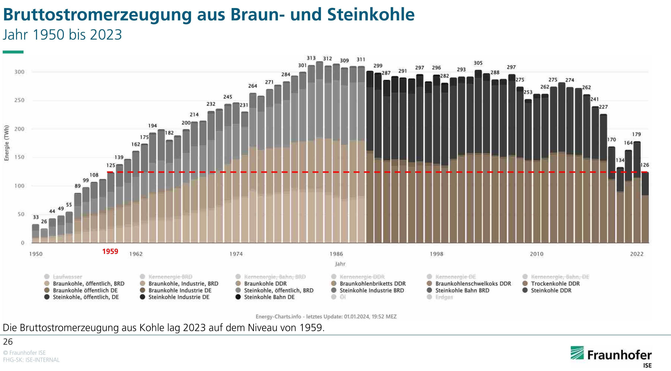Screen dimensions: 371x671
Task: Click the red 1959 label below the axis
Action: (x=110, y=251)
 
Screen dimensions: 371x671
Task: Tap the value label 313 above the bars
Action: (x=311, y=58)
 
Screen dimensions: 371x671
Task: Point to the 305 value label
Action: (x=478, y=63)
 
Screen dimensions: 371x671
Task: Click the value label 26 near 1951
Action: (x=44, y=222)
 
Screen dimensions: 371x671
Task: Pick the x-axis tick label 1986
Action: (x=336, y=254)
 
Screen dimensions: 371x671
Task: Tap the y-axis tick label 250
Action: (x=19, y=100)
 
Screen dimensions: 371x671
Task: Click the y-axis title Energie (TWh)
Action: (x=7, y=143)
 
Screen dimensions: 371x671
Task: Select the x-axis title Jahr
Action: (x=340, y=264)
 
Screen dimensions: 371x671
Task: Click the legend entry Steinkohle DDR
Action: (x=551, y=290)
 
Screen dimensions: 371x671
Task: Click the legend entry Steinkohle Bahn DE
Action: (x=269, y=297)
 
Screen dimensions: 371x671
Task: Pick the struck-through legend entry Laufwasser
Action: (x=67, y=277)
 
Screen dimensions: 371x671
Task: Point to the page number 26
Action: (x=8, y=342)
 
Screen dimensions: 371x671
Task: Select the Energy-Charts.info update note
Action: (x=326, y=317)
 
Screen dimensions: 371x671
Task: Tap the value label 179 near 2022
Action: (x=636, y=134)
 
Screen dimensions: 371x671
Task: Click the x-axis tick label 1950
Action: (x=36, y=254)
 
